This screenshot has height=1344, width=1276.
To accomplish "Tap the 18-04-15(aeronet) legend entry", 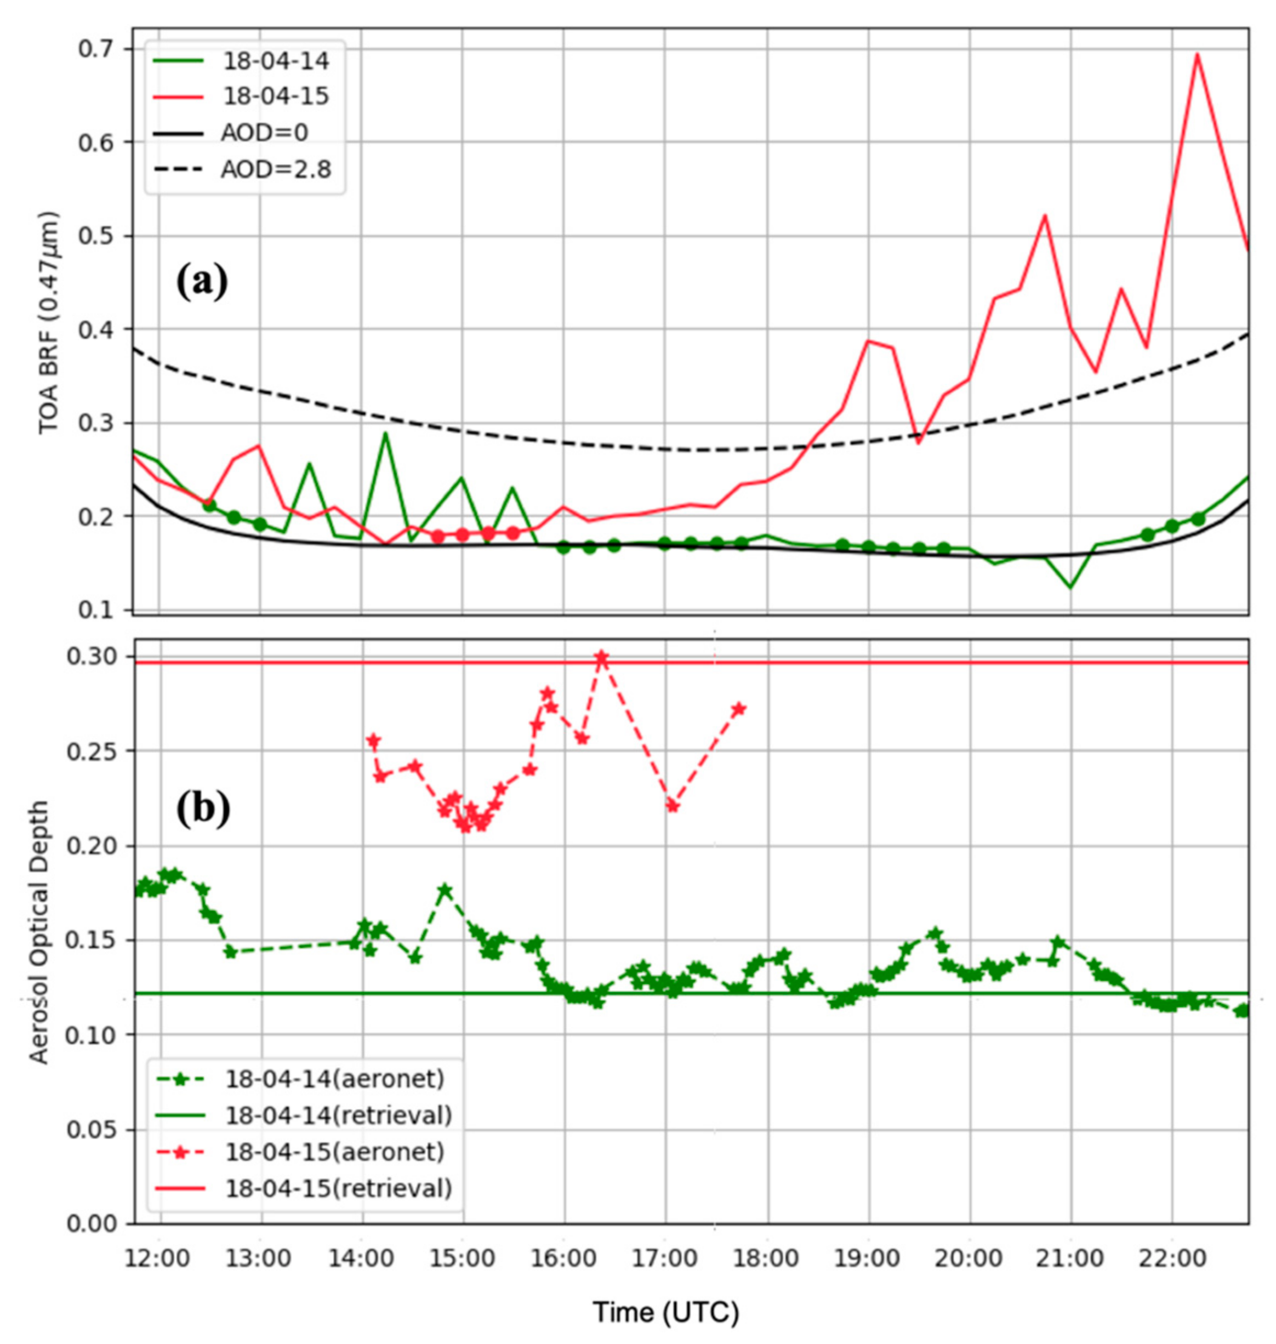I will (x=334, y=1152).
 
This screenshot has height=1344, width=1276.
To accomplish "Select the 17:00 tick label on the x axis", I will (x=665, y=1258).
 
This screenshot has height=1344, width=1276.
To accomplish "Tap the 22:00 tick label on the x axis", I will (x=1171, y=1258).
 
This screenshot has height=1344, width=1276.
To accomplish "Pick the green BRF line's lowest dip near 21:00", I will (x=1071, y=587).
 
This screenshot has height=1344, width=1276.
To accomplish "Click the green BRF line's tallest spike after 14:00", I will (x=385, y=432).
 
